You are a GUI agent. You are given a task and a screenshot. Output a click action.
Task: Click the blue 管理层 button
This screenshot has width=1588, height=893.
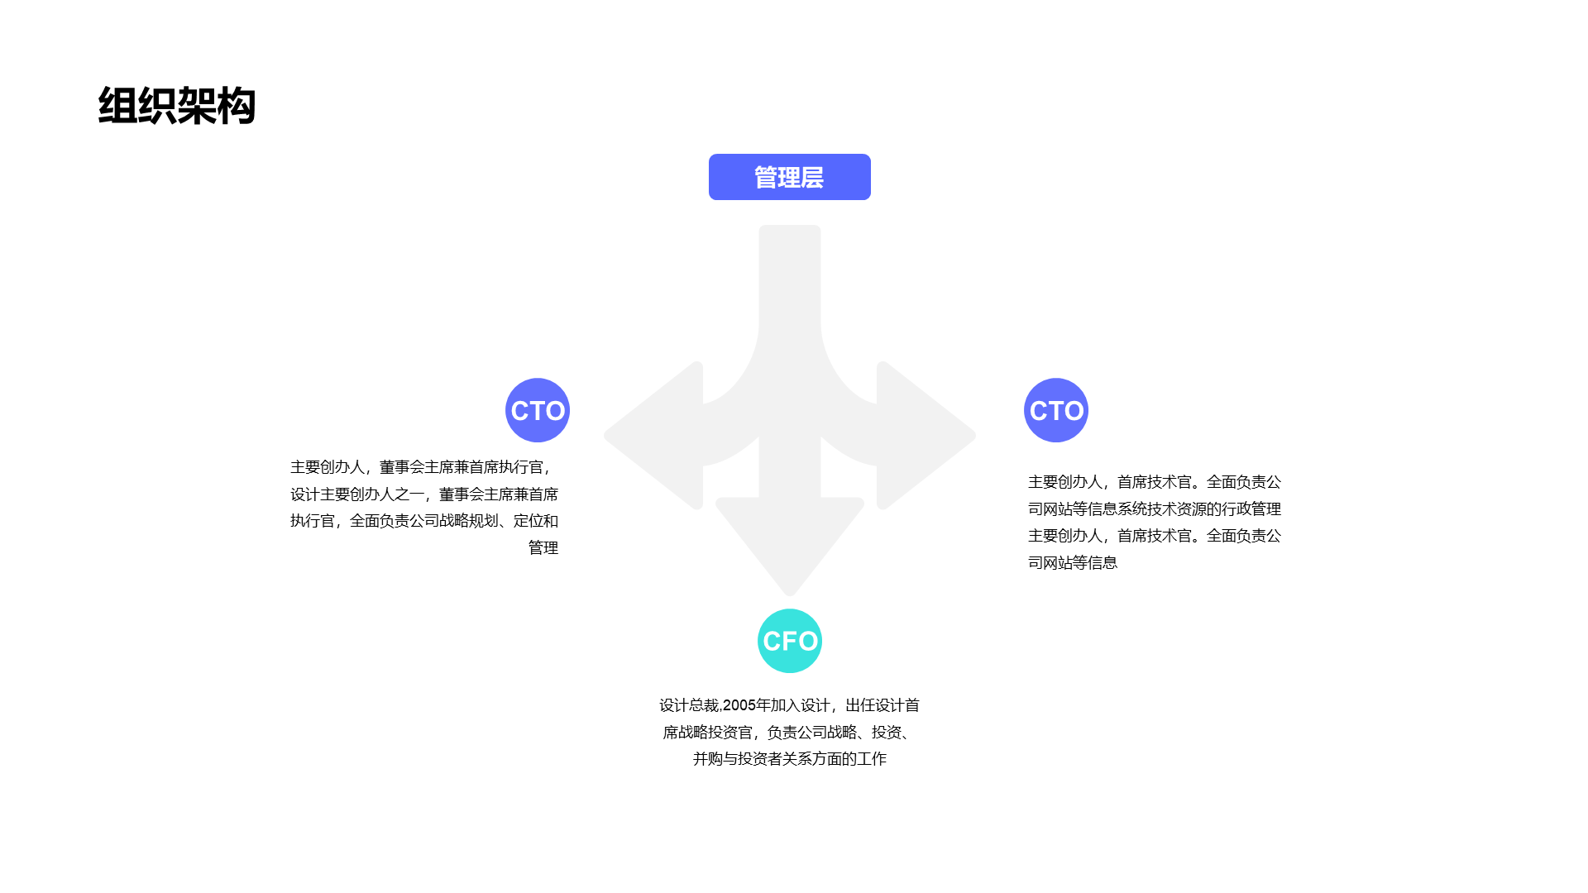tap(790, 177)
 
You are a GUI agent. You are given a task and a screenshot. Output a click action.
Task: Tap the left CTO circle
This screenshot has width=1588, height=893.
tap(538, 410)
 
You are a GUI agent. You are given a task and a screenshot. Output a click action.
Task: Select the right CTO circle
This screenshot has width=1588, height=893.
tap(1056, 410)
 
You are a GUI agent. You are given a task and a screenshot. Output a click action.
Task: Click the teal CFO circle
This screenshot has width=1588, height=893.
tap(790, 641)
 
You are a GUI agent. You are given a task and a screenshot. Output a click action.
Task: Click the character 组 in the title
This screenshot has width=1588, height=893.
tap(117, 106)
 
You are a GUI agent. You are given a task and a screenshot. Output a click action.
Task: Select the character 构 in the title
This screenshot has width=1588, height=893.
tap(237, 106)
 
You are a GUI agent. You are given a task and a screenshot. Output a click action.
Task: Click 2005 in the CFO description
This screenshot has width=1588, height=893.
tap(739, 705)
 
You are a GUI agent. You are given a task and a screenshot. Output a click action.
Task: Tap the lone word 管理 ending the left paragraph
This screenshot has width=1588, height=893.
tap(543, 547)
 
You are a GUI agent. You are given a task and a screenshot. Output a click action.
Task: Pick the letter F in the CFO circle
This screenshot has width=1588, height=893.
tap(791, 641)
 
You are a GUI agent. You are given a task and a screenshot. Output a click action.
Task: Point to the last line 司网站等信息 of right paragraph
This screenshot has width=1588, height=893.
tap(1073, 562)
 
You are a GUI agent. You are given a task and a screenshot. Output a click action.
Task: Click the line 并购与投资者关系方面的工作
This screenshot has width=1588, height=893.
tap(790, 759)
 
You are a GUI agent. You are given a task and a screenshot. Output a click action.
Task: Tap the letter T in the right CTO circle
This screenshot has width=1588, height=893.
tap(1056, 411)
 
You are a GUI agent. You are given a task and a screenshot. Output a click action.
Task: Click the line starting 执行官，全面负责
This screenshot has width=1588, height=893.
tap(424, 521)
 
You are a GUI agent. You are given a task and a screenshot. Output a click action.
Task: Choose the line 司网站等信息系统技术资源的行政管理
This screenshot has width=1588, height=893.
tap(1155, 509)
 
